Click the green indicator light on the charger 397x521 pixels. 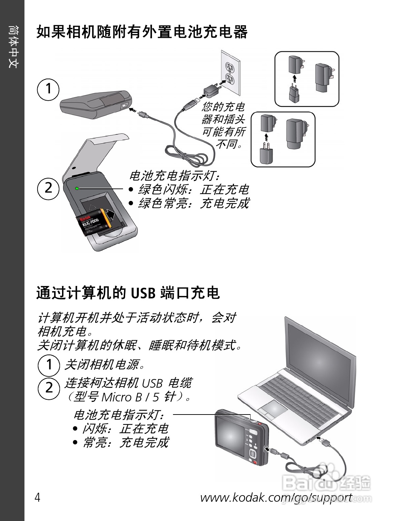coord(77,188)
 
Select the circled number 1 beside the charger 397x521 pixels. coord(48,89)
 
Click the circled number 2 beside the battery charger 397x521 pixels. coord(48,188)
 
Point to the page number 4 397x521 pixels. coord(38,498)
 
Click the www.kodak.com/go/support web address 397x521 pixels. coord(276,498)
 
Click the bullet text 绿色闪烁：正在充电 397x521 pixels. coord(193,190)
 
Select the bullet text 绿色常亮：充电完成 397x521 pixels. coord(193,203)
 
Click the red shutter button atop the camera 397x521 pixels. coord(261,423)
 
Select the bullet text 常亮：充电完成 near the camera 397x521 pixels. coord(125,442)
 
